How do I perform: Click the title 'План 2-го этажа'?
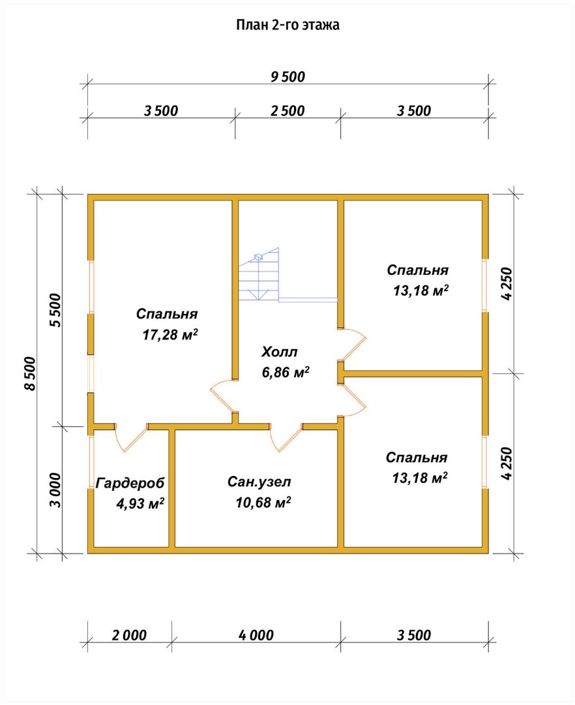point(287,25)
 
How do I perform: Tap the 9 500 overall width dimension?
point(287,77)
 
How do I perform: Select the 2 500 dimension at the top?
point(287,110)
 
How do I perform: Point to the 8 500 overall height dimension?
point(29,373)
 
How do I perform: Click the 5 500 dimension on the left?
point(55,310)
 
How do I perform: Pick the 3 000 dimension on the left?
point(55,490)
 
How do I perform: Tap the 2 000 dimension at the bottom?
point(129,635)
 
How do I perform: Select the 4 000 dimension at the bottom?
point(256,635)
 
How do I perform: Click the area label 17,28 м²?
point(171,334)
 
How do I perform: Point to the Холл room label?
point(279,352)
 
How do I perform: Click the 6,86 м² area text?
point(286,372)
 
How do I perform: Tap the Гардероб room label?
point(130,483)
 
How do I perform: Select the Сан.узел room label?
point(259,482)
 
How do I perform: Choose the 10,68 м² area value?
point(263,502)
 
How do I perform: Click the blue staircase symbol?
point(259,274)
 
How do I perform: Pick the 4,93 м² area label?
point(140,503)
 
